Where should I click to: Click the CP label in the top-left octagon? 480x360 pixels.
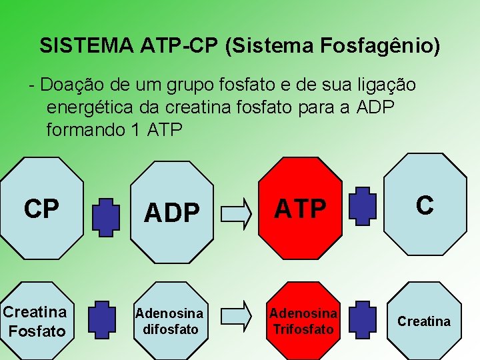(41, 209)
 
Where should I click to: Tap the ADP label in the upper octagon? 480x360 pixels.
(171, 213)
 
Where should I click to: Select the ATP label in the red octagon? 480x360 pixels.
(301, 209)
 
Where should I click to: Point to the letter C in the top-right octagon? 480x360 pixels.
(425, 205)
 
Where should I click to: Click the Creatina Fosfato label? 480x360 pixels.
(35, 321)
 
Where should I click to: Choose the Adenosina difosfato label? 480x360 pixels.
(169, 321)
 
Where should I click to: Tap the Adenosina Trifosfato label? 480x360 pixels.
(303, 321)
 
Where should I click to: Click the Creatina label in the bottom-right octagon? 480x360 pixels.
(424, 321)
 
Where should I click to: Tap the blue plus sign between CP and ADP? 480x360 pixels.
(105, 216)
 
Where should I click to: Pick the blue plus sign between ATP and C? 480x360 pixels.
(363, 205)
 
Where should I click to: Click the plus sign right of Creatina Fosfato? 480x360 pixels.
(101, 319)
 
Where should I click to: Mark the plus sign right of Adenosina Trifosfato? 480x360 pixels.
(363, 319)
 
